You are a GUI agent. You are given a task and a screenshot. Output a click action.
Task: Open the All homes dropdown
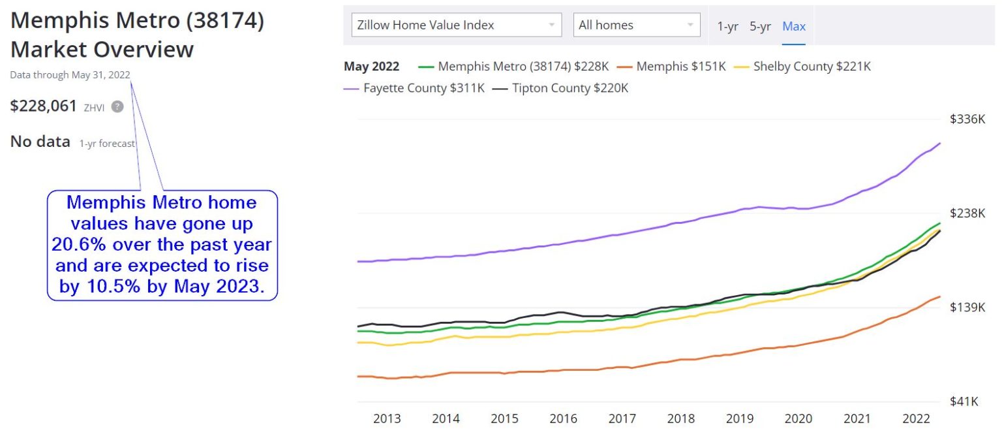point(636,25)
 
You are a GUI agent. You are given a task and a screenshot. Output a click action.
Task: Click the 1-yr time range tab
point(727,26)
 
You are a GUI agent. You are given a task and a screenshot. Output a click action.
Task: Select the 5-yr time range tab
point(760,26)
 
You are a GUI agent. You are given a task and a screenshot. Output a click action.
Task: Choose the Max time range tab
point(794,26)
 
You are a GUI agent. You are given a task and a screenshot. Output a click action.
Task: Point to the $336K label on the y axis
point(967,119)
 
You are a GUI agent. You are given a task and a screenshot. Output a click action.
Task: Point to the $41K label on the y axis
point(964,402)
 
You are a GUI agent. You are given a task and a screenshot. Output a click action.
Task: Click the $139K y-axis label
point(967,308)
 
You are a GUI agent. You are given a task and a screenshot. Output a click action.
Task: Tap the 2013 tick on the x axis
point(387,418)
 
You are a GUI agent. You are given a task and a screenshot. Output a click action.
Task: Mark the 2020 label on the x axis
point(798,418)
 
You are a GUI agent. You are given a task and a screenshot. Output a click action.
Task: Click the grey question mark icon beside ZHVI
point(117,107)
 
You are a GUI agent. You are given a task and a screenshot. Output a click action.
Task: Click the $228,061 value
point(44,106)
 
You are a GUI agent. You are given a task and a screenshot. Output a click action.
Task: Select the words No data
point(40,142)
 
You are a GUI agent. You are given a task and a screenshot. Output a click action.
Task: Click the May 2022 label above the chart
point(371,67)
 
